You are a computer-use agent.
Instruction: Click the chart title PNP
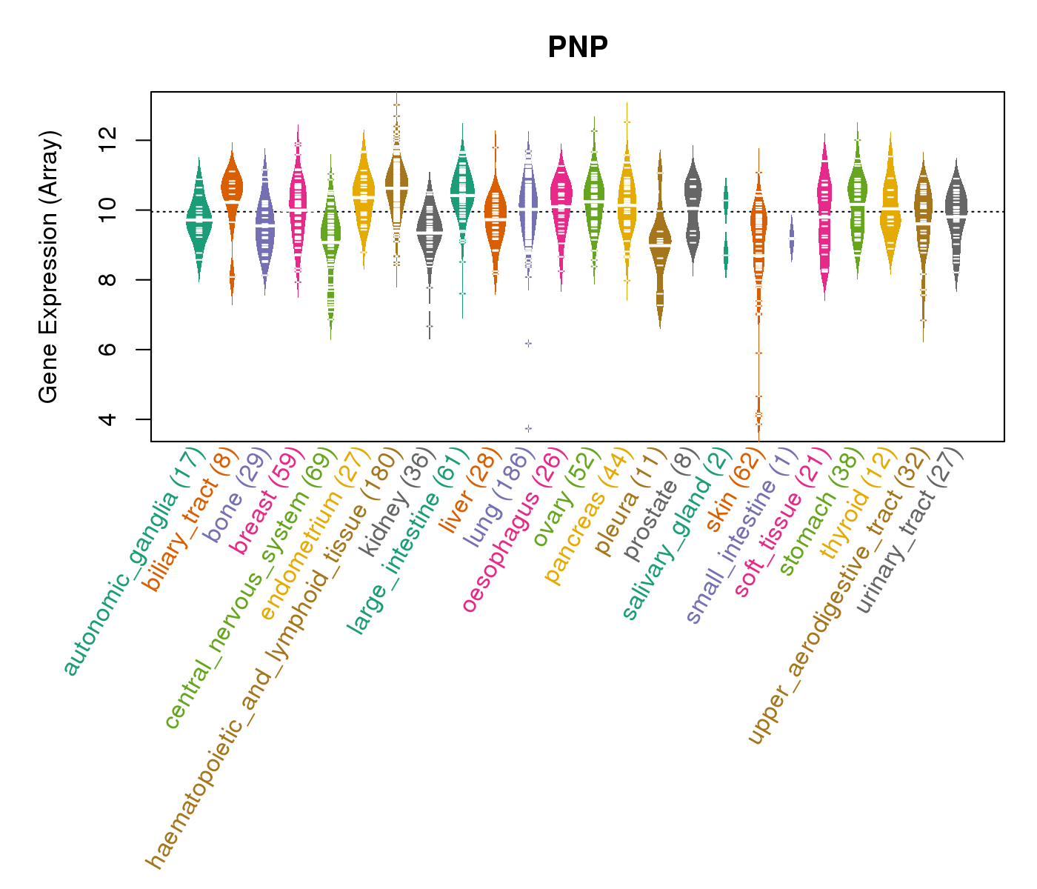(x=578, y=48)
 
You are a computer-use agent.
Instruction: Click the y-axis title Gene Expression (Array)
(x=49, y=267)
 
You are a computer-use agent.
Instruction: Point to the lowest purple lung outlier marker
(x=528, y=428)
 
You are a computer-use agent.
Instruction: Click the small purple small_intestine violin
(x=791, y=239)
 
